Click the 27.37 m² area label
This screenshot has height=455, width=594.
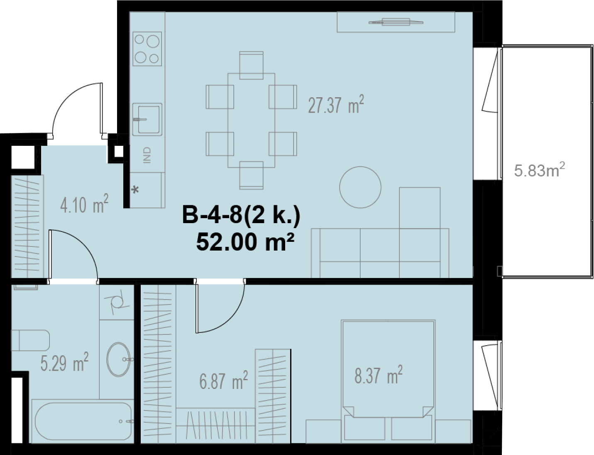click(x=336, y=105)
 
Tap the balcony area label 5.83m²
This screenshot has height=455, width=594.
click(x=539, y=170)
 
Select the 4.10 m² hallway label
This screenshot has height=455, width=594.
click(x=84, y=203)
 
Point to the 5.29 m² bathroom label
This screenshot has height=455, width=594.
click(x=64, y=362)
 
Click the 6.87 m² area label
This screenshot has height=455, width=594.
click(x=223, y=380)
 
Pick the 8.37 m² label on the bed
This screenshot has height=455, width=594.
click(x=379, y=374)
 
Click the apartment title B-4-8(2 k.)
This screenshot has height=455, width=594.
click(x=242, y=215)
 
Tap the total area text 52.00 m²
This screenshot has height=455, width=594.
click(x=245, y=242)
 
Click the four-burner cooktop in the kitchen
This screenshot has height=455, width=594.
click(x=147, y=49)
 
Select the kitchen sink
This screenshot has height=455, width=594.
click(x=147, y=119)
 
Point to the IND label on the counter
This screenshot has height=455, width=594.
click(x=147, y=155)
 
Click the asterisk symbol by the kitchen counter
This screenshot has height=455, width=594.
click(x=135, y=189)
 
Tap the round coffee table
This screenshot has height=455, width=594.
click(x=360, y=187)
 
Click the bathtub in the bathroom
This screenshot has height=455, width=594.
click(x=83, y=421)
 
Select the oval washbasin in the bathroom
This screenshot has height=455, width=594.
click(x=118, y=360)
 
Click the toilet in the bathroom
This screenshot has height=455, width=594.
click(x=30, y=340)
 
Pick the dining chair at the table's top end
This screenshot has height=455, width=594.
click(x=251, y=65)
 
